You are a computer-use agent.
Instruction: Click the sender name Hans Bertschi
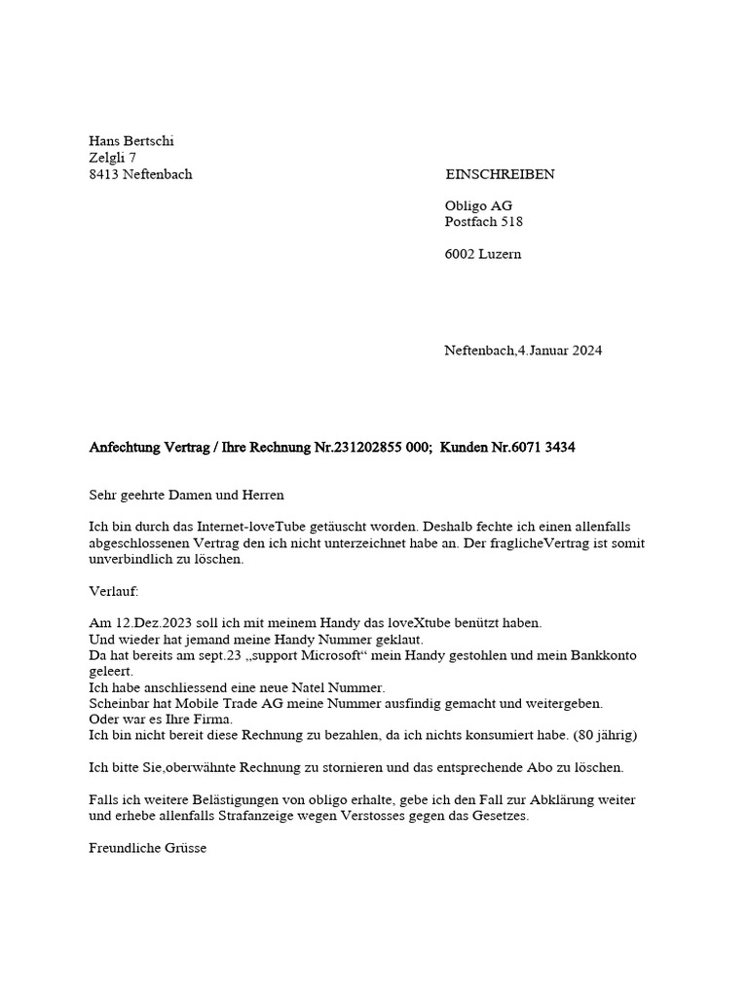pos(131,141)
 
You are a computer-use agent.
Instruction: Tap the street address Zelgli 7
pos(113,158)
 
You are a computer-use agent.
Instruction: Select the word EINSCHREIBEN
pos(500,174)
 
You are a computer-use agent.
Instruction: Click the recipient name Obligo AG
pos(478,205)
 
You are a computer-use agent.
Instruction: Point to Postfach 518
pos(483,222)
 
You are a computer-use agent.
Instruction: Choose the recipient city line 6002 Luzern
pos(483,254)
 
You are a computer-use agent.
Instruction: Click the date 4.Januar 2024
pos(560,351)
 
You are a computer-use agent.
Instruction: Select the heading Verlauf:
pos(114,591)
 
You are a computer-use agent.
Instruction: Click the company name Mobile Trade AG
pos(203,703)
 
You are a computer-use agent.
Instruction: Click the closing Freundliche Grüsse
pos(147,848)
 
